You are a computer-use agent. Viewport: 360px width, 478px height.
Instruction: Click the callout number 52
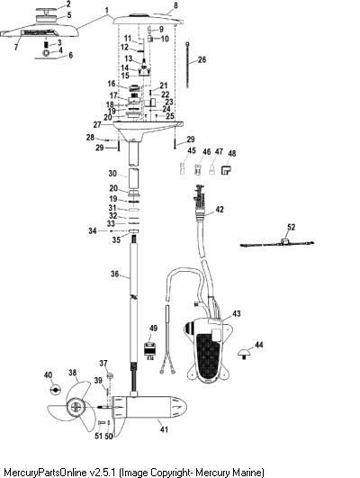(x=291, y=227)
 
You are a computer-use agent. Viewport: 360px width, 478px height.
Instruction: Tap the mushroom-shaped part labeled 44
(x=245, y=355)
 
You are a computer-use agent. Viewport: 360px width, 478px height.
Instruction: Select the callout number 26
(x=202, y=59)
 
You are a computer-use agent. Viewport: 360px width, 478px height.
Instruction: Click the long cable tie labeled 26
(x=187, y=65)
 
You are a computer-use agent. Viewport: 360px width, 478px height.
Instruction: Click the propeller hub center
(x=76, y=407)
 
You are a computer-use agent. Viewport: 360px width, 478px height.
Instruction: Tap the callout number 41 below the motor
(x=164, y=429)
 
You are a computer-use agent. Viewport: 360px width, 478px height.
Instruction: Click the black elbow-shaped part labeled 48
(x=226, y=170)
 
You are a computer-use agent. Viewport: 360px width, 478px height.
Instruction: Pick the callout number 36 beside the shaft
(x=114, y=274)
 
